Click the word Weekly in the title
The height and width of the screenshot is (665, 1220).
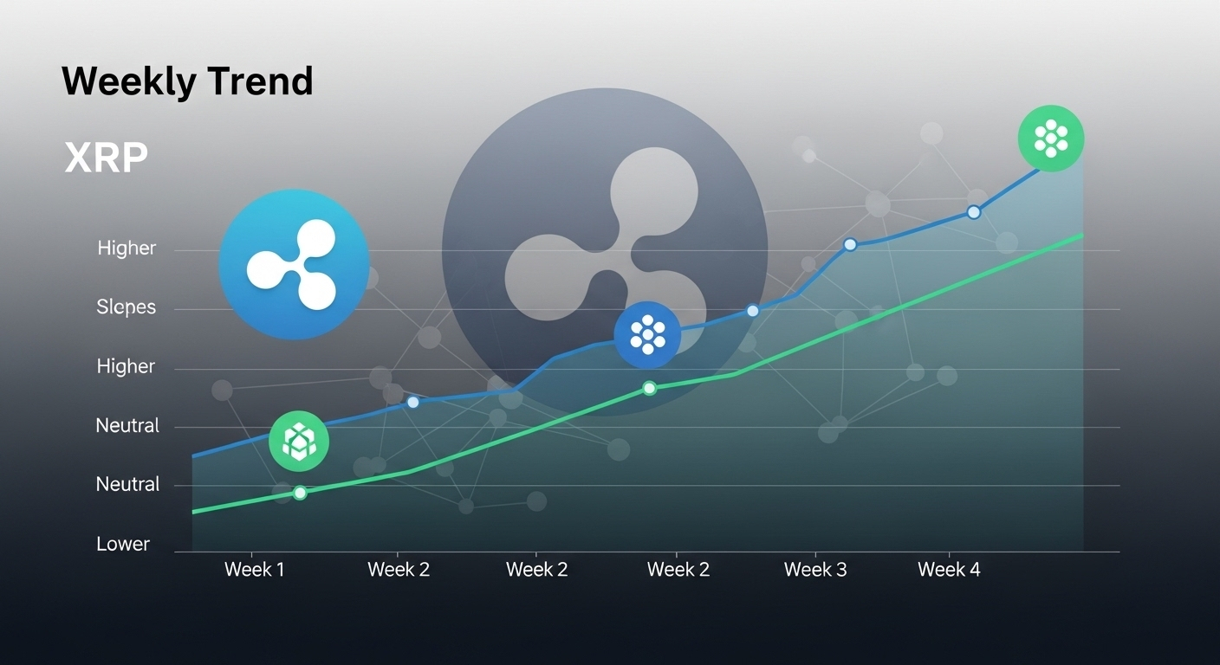tap(129, 81)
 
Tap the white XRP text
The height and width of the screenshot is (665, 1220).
tap(106, 158)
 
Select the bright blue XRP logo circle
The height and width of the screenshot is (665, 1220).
tap(294, 264)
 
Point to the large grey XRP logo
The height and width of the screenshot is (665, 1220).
tap(605, 252)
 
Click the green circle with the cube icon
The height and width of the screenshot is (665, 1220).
tap(299, 441)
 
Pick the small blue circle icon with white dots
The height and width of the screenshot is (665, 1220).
tap(647, 335)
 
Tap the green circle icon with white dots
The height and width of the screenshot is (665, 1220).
tap(1051, 139)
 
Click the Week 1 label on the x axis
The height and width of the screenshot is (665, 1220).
tap(255, 570)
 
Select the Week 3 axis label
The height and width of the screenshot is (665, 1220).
tap(815, 570)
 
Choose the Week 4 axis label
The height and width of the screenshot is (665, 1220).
tap(949, 570)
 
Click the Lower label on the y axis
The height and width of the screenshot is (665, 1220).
tap(123, 544)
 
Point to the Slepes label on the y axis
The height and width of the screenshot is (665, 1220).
tap(127, 307)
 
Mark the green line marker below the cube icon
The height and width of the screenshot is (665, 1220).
tap(300, 493)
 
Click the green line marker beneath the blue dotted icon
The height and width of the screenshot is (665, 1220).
tap(649, 388)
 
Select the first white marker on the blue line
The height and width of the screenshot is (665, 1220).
tap(413, 402)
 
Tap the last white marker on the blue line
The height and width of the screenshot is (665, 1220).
tap(974, 212)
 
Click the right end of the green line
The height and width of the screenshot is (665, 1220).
tap(1082, 236)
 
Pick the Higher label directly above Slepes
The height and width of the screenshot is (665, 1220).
tap(127, 249)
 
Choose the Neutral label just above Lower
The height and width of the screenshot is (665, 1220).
tap(127, 484)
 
